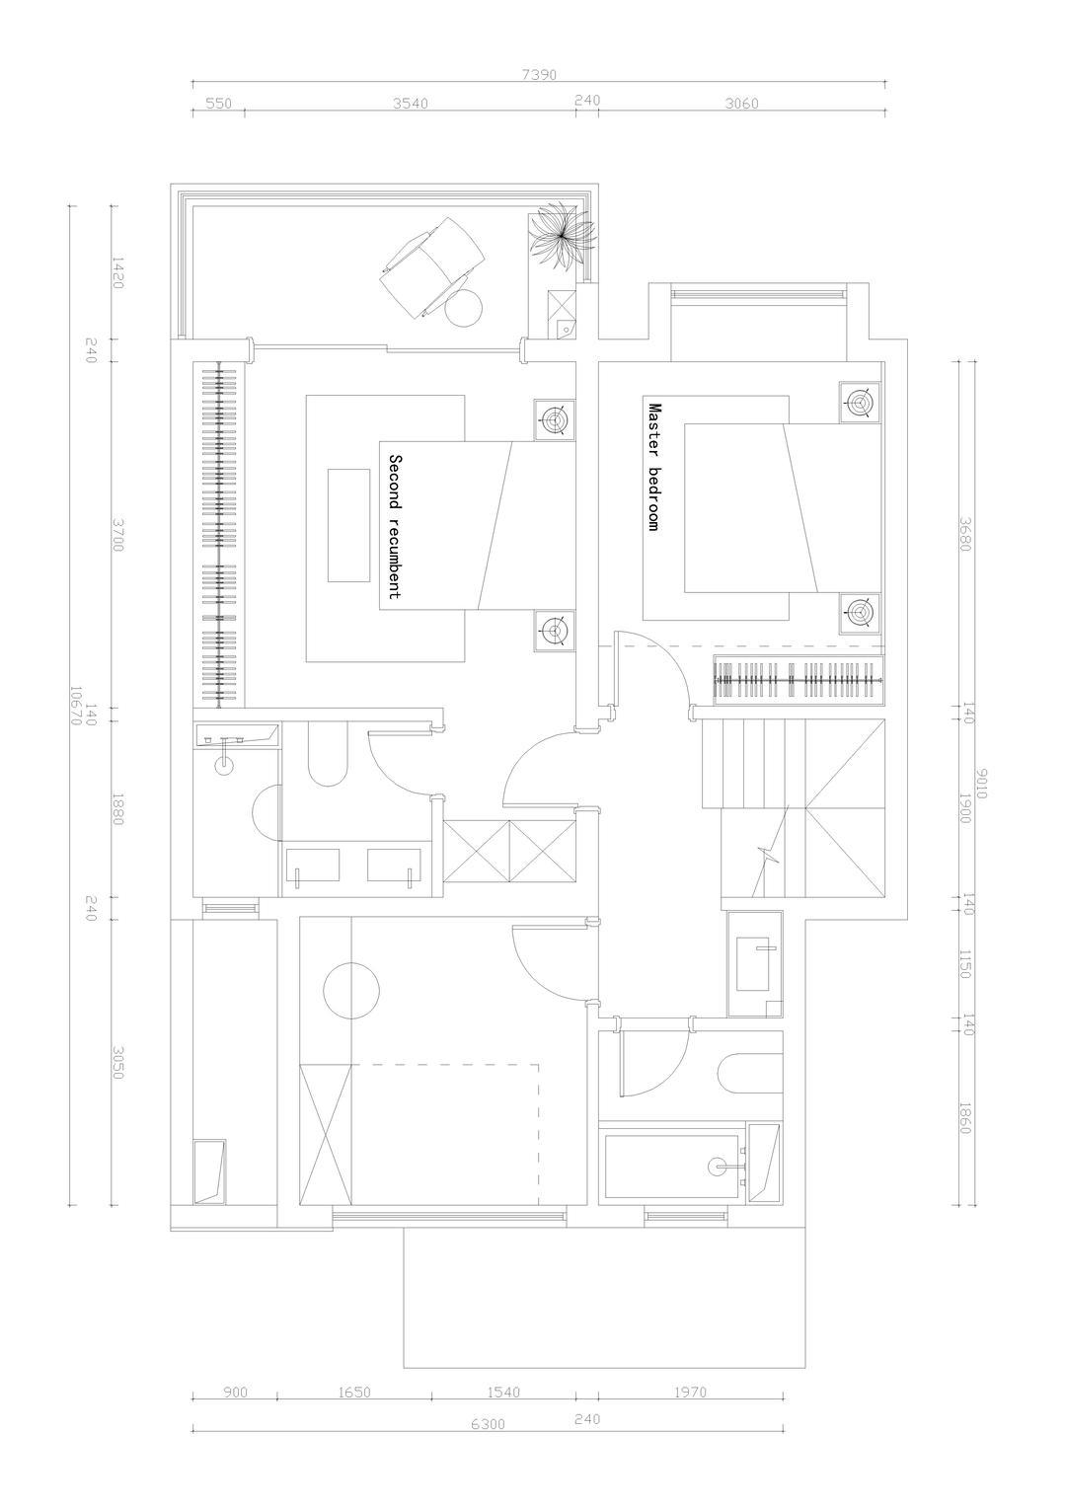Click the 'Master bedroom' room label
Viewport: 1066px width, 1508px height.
pyautogui.click(x=652, y=467)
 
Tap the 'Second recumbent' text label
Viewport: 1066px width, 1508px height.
pyautogui.click(x=395, y=526)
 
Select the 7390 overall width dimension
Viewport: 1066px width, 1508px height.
pyautogui.click(x=539, y=75)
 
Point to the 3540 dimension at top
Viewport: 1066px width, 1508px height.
pyautogui.click(x=410, y=104)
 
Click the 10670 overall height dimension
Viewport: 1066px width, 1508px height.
pyautogui.click(x=75, y=705)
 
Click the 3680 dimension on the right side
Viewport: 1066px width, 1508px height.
pyautogui.click(x=965, y=534)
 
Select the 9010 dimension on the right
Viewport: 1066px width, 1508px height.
pyautogui.click(x=981, y=783)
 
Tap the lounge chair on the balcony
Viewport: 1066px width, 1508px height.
pyautogui.click(x=432, y=266)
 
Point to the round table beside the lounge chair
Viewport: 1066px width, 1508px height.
pyautogui.click(x=463, y=308)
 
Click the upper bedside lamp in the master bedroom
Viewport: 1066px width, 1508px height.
pyautogui.click(x=860, y=403)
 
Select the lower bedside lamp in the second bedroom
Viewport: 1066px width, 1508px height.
pyautogui.click(x=555, y=631)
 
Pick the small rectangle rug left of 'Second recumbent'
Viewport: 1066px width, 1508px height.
pyautogui.click(x=348, y=525)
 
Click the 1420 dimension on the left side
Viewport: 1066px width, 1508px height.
pyautogui.click(x=117, y=272)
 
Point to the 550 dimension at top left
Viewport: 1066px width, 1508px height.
pyautogui.click(x=219, y=104)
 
